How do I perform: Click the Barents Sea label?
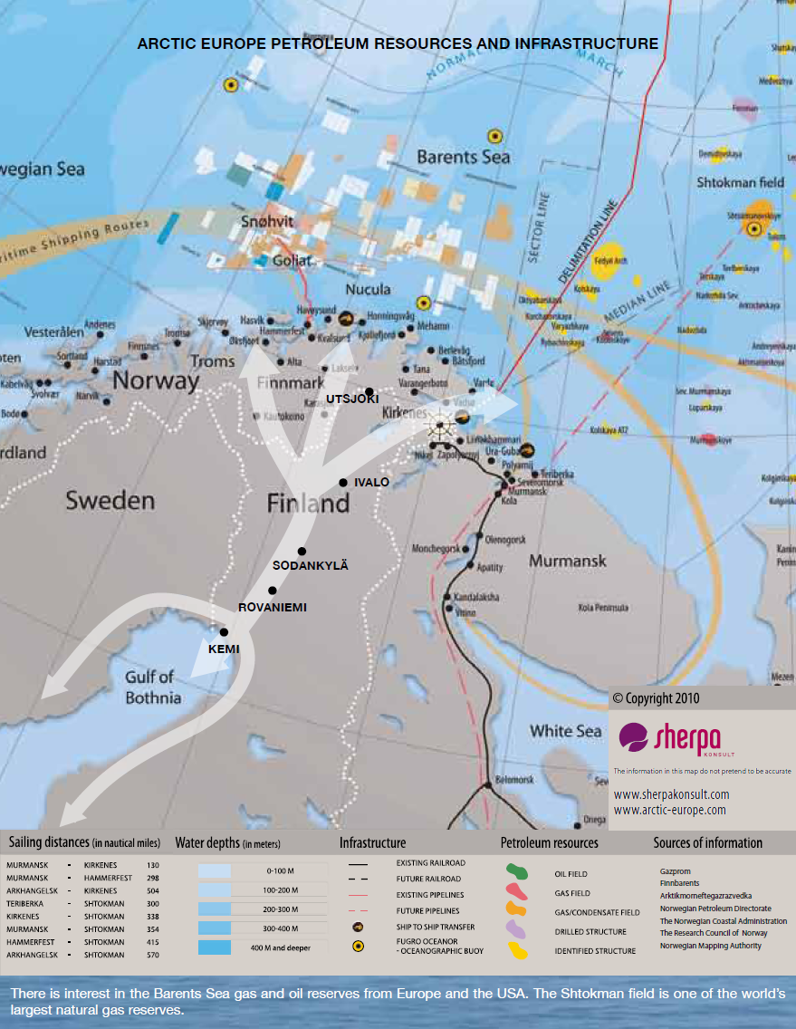click(464, 157)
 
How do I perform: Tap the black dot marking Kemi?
click(224, 632)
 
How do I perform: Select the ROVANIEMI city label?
click(272, 607)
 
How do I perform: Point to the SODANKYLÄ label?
click(311, 565)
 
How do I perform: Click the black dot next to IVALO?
click(343, 483)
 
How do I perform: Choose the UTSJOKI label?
click(353, 399)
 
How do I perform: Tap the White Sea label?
click(565, 731)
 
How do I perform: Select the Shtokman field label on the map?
click(740, 182)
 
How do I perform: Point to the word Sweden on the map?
click(110, 500)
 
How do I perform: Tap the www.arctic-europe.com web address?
click(669, 811)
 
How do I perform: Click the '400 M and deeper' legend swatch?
click(215, 947)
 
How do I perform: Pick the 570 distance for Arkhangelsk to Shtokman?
click(151, 955)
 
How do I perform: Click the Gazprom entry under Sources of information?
click(675, 871)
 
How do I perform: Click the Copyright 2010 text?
click(656, 698)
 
